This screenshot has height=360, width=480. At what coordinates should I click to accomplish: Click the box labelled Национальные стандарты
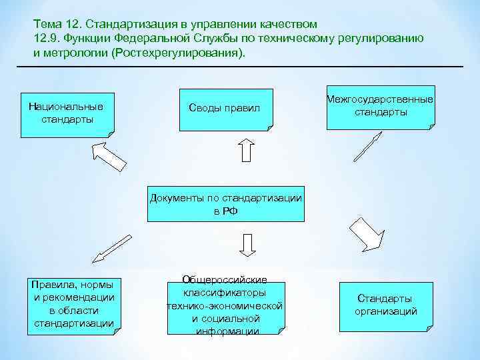click(x=66, y=112)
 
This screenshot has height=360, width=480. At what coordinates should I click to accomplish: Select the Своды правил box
click(x=225, y=108)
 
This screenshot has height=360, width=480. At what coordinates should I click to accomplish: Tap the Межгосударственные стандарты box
click(x=381, y=106)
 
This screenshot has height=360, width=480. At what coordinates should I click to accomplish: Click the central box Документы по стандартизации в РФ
click(x=225, y=203)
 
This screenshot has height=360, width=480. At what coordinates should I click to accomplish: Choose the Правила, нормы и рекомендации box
click(x=73, y=303)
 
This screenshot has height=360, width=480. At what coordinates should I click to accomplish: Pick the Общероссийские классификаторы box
click(x=225, y=305)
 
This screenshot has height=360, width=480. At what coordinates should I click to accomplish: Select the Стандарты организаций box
click(x=385, y=305)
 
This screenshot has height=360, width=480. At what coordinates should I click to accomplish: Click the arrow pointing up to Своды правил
click(x=245, y=150)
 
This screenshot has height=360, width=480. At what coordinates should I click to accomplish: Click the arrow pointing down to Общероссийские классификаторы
click(x=246, y=244)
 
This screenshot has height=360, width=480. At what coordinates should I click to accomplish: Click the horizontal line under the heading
click(x=240, y=67)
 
